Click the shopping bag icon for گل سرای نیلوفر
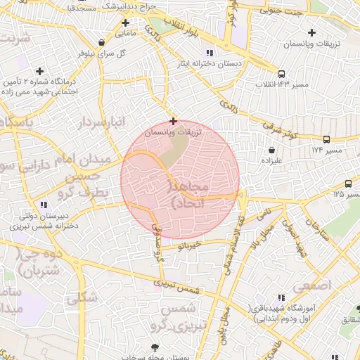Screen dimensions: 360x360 point(103,42)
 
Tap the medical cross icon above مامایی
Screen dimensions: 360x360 point(125,22)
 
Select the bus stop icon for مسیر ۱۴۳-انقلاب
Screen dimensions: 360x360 point(282,74)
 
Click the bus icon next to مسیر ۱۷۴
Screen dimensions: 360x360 point(326,139)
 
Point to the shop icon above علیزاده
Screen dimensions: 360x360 point(271,150)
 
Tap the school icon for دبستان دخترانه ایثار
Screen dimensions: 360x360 point(209,53)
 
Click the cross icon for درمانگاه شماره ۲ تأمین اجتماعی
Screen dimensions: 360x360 point(39,71)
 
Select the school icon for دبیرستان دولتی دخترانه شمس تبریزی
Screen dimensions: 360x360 point(44,205)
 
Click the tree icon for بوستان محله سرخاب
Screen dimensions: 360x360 point(155,347)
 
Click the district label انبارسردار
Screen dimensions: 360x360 point(103,121)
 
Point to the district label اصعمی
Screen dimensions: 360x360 point(311,286)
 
